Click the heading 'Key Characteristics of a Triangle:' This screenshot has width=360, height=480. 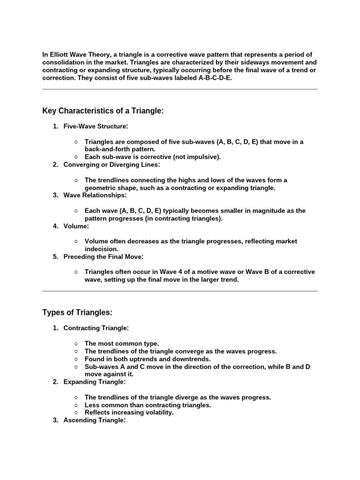tap(103, 111)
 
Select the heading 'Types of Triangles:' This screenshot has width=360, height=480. tap(77, 313)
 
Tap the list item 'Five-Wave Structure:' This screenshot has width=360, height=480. tap(96, 126)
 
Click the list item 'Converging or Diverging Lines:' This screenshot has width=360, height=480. tap(112, 165)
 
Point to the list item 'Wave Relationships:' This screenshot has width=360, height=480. tap(95, 195)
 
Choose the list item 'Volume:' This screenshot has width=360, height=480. tap(76, 226)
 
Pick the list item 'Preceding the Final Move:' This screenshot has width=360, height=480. tap(104, 256)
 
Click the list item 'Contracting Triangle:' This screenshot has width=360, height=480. tap(96, 328)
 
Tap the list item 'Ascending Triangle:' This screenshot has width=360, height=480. tap(96, 420)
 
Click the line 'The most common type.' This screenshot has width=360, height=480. tap(122, 344)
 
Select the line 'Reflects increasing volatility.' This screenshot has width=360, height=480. tap(129, 412)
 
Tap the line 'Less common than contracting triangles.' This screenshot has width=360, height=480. tap(148, 405)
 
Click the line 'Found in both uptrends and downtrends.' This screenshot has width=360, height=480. tap(148, 359)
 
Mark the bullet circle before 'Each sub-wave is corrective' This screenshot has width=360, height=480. tap(76, 157)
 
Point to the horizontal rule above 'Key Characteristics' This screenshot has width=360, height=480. tap(180, 89)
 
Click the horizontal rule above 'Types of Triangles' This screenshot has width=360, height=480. tap(180, 291)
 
